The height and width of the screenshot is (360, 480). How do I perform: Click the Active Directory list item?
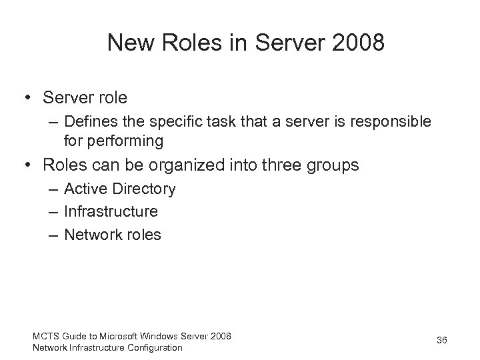pyautogui.click(x=120, y=189)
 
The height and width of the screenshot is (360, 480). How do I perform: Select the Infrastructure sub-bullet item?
pyautogui.click(x=111, y=212)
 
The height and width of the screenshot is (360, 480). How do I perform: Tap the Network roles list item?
pyautogui.click(x=113, y=235)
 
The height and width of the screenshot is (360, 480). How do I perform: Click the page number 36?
pyautogui.click(x=441, y=341)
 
